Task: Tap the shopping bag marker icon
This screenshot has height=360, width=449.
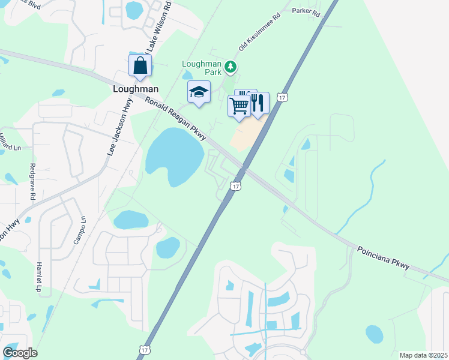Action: tap(140, 65)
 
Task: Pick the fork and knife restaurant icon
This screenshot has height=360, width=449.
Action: tap(259, 103)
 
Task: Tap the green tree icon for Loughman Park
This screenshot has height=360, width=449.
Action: tap(230, 66)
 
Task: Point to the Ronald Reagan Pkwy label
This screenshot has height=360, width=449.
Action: tap(176, 118)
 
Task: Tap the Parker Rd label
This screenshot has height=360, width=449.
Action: tap(306, 11)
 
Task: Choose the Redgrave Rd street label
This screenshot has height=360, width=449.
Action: tap(32, 182)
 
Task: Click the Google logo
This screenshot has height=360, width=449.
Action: tap(20, 353)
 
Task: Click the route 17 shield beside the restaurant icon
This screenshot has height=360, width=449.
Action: tap(283, 97)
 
